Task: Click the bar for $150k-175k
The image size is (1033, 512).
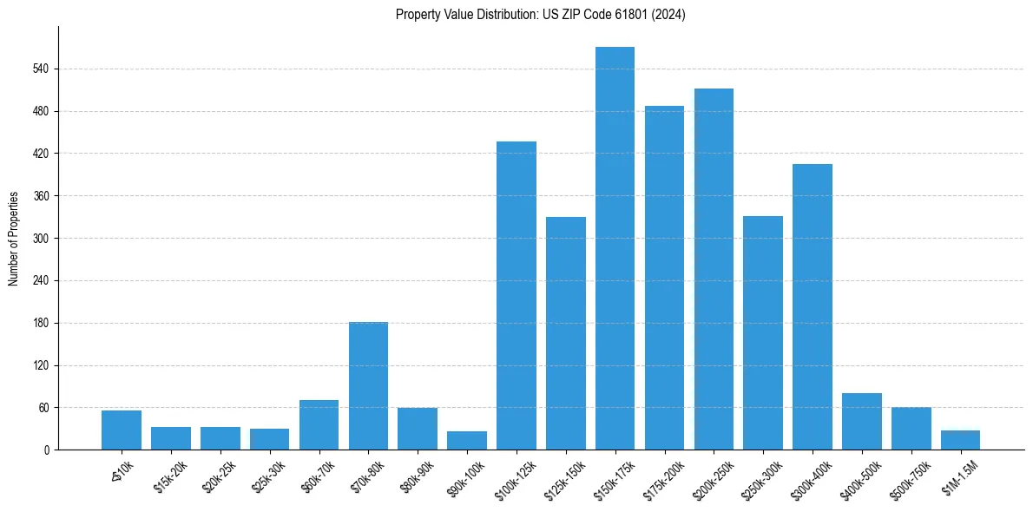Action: pos(615,248)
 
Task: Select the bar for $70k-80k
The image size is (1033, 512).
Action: pos(368,385)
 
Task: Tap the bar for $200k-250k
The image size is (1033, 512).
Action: pos(714,269)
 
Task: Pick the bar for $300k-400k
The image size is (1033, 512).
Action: pos(813,306)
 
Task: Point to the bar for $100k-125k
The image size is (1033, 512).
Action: pos(516,295)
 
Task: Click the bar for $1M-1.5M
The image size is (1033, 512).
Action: pos(960,440)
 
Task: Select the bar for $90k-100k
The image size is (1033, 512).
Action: pos(467,440)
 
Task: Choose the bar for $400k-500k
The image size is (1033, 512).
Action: pos(862,421)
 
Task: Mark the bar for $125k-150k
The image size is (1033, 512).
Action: pos(566,333)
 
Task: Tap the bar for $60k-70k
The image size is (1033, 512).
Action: pos(319,424)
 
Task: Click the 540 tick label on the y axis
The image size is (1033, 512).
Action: pos(41,69)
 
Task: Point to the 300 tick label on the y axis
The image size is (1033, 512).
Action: pos(41,239)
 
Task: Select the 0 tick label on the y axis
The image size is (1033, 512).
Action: pos(47,450)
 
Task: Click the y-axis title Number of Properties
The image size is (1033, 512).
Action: pos(14,239)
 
